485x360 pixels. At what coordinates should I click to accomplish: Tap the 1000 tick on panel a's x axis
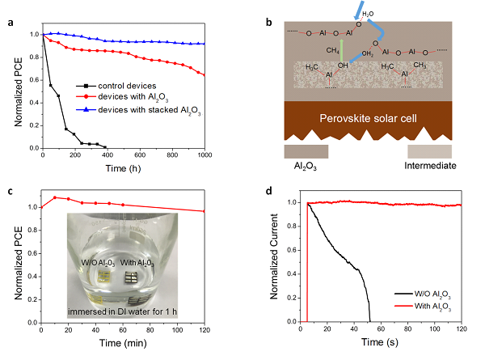pyautogui.click(x=205, y=155)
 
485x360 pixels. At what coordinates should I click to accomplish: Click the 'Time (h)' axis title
pyautogui.click(x=124, y=167)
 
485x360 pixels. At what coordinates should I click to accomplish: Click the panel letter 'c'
pyautogui.click(x=8, y=191)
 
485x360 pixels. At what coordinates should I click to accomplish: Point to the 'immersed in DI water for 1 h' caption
pyautogui.click(x=124, y=311)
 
